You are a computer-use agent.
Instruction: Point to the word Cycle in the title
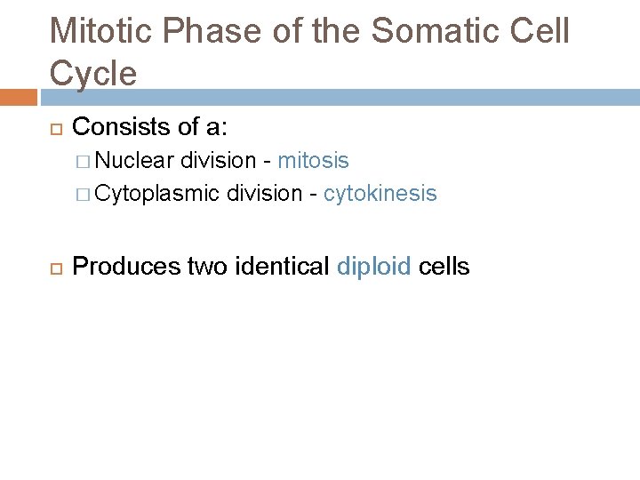click(94, 73)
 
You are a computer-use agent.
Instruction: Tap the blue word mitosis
click(313, 161)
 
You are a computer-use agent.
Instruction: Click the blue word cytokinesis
click(380, 194)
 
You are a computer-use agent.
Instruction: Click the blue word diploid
click(374, 266)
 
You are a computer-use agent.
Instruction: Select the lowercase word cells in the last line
click(444, 266)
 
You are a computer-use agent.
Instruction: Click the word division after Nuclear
click(218, 161)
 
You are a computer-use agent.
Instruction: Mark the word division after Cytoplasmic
click(265, 194)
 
